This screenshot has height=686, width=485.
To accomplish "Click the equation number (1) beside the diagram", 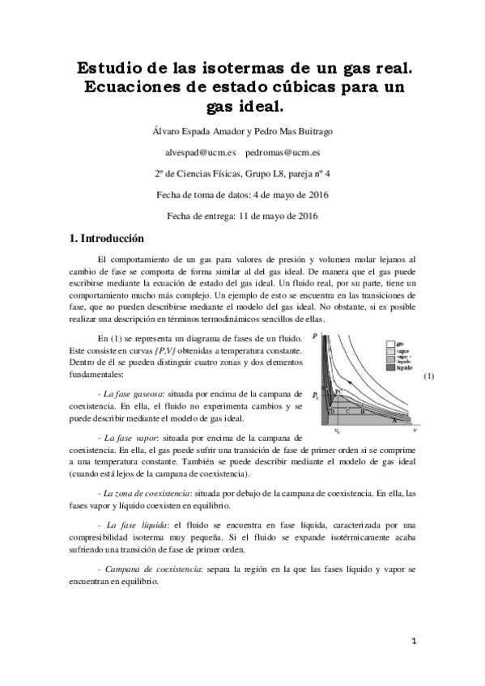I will [429, 353].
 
